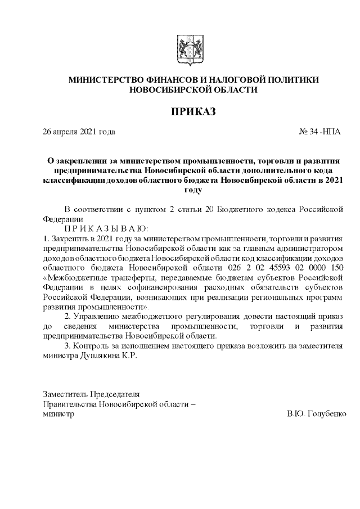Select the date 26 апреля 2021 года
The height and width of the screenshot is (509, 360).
click(x=79, y=132)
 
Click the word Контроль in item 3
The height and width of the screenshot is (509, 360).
click(x=96, y=346)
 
